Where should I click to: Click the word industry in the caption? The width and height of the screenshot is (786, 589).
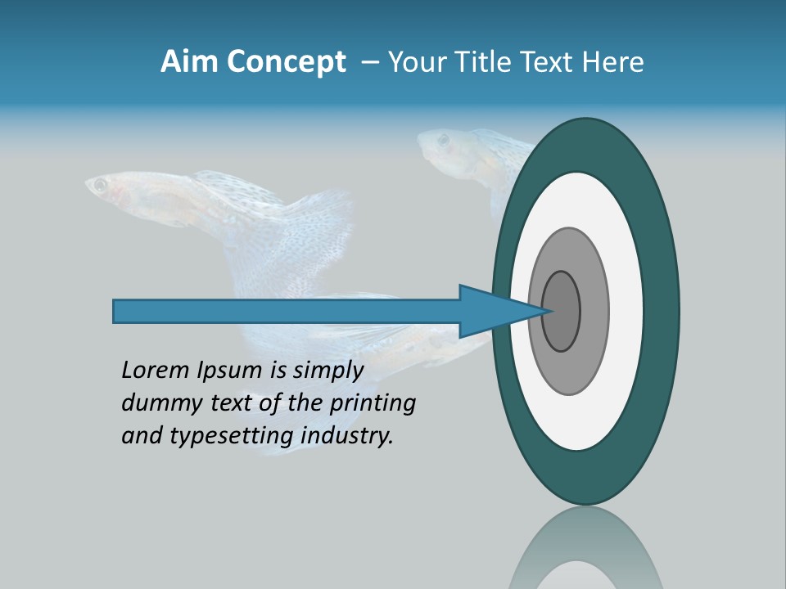pyautogui.click(x=346, y=436)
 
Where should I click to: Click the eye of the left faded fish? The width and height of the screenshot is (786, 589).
pyautogui.click(x=101, y=186)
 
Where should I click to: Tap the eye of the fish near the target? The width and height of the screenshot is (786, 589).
pyautogui.click(x=442, y=140)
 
